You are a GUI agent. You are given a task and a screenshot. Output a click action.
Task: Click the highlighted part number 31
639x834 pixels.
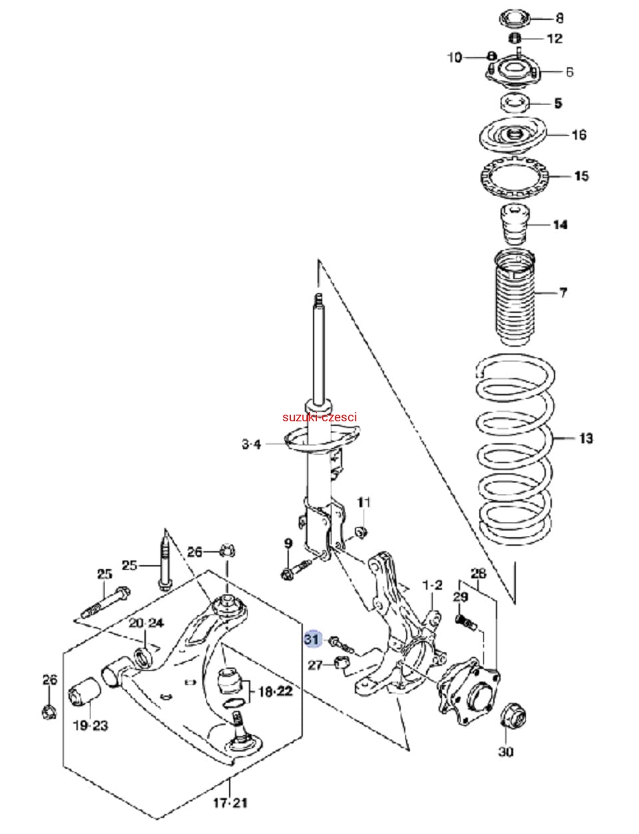(312, 640)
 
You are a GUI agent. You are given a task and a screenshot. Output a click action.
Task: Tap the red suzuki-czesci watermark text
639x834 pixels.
(319, 417)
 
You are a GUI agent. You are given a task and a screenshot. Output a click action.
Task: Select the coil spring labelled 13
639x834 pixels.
(515, 453)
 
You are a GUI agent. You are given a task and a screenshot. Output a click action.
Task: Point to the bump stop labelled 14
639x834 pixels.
(513, 226)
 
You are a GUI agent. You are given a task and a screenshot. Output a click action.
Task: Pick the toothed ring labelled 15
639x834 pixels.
(514, 176)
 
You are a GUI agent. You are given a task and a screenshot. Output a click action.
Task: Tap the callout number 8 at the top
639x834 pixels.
(559, 18)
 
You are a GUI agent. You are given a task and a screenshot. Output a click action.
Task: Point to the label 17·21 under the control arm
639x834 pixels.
(230, 803)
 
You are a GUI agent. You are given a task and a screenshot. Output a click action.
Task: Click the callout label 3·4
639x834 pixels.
(251, 444)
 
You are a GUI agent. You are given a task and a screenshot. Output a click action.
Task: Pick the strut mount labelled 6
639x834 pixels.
(514, 73)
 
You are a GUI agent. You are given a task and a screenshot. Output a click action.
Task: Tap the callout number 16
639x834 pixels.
(579, 135)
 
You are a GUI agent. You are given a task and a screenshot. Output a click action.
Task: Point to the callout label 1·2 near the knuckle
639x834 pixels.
(433, 585)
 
